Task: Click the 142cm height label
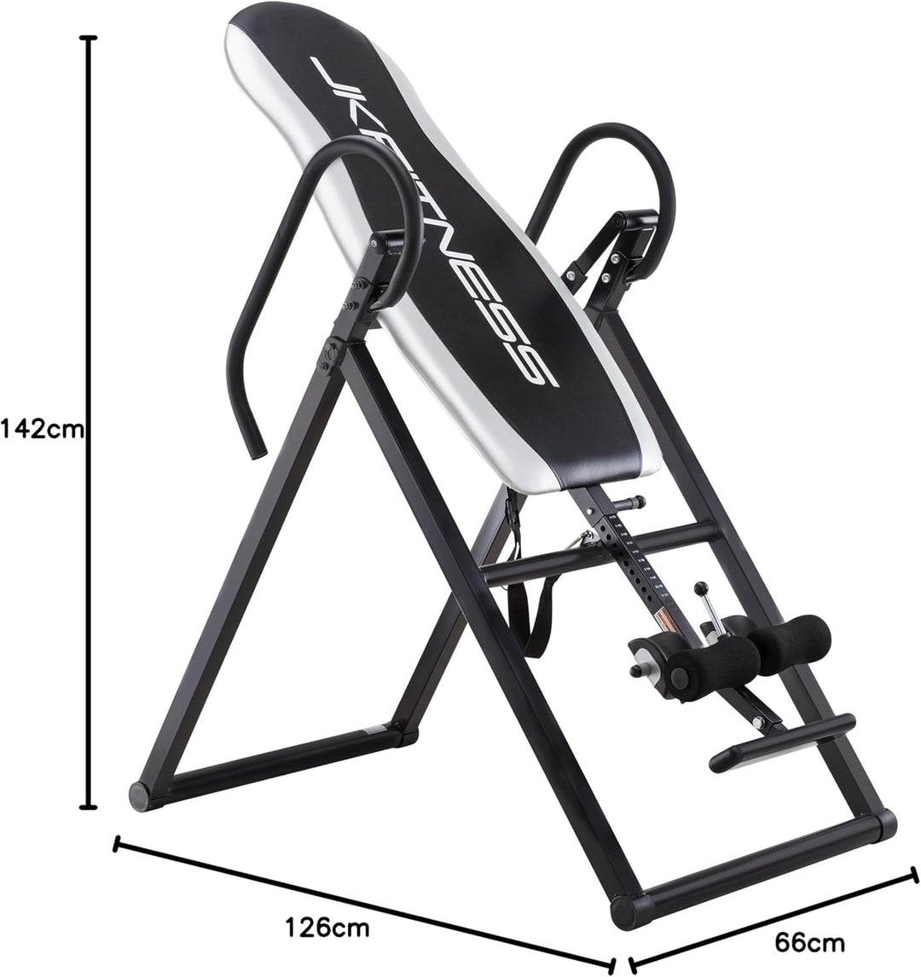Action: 43,428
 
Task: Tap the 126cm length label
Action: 328,928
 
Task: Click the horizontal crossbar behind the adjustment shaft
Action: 597,554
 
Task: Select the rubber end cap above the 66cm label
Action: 879,825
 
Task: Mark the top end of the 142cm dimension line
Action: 87,38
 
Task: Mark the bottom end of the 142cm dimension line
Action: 87,806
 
